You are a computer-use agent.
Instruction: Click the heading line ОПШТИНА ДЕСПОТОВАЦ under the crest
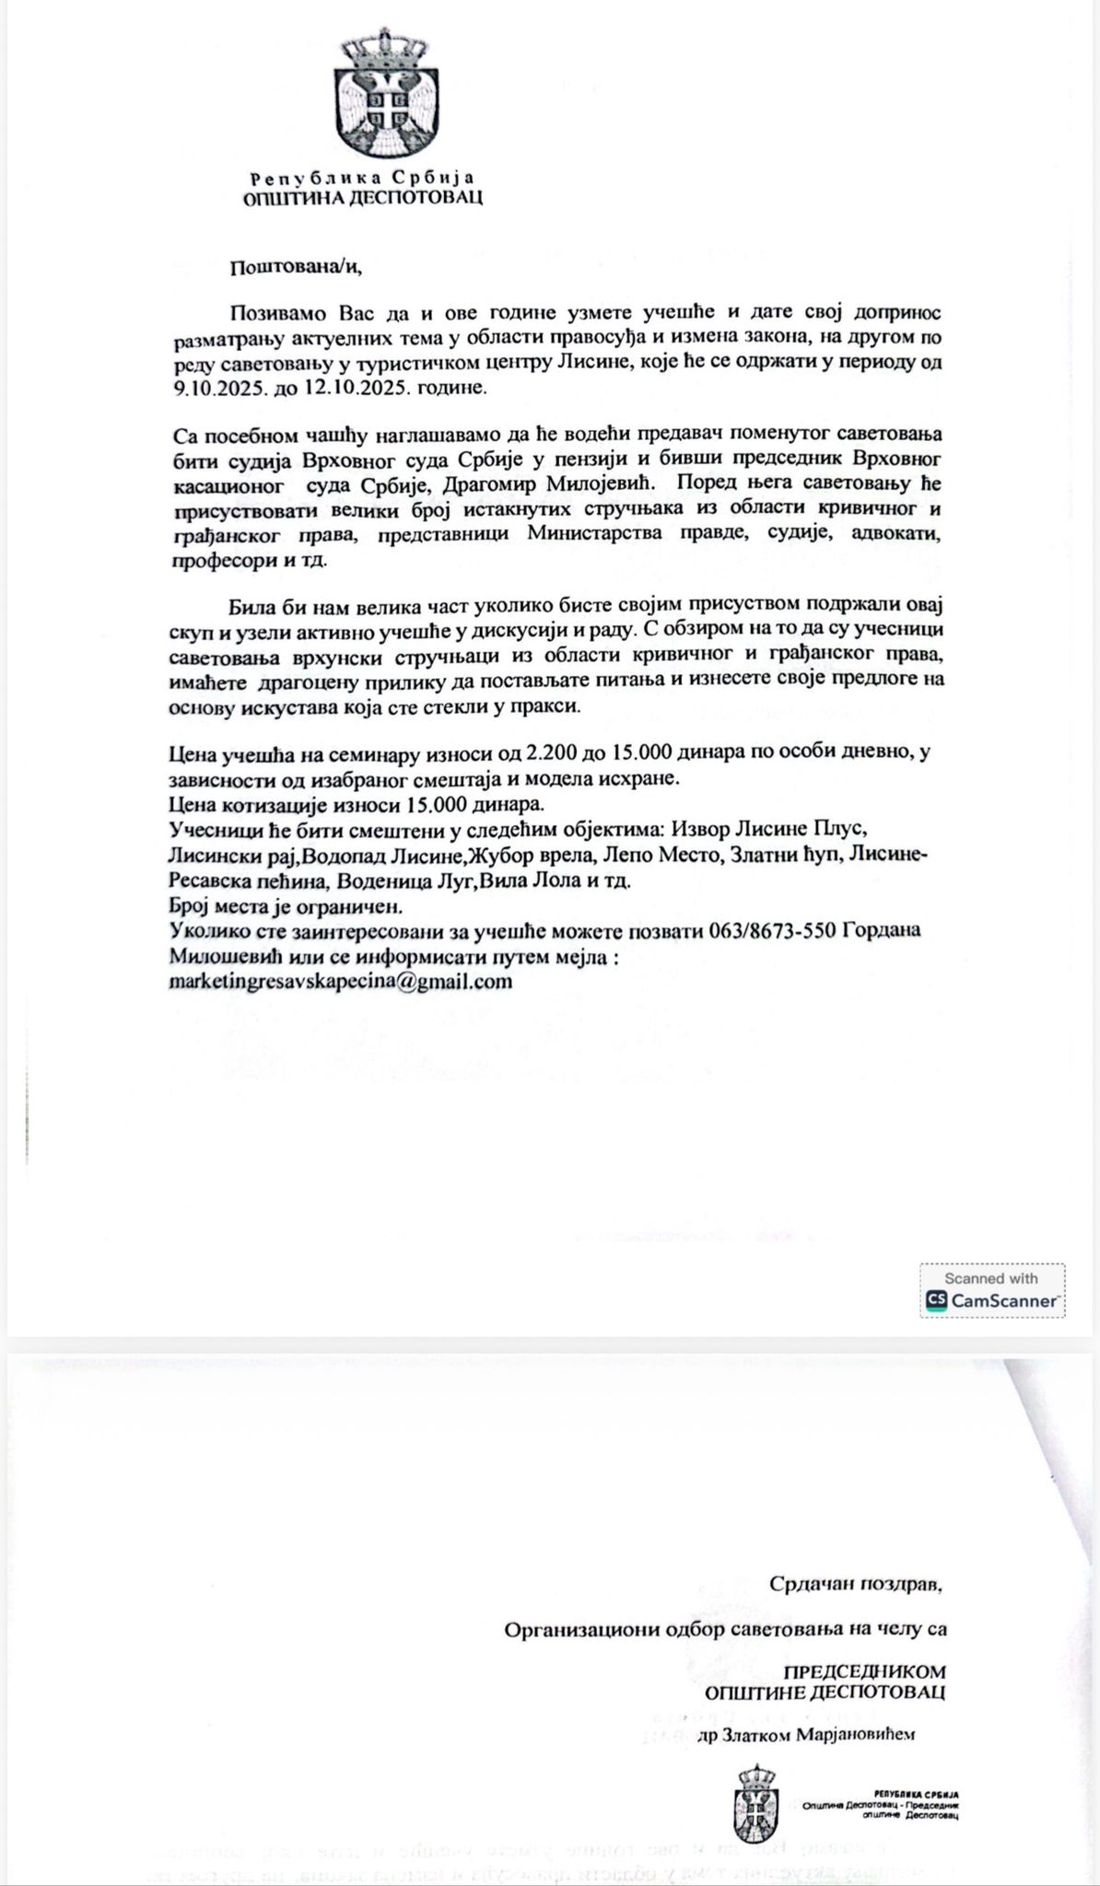[x=361, y=197]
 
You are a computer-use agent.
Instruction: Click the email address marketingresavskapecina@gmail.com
[x=341, y=981]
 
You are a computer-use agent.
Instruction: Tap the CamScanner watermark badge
[x=992, y=1291]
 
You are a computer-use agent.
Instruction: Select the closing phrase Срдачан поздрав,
[x=857, y=1584]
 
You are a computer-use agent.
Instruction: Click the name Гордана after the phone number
[x=884, y=931]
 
